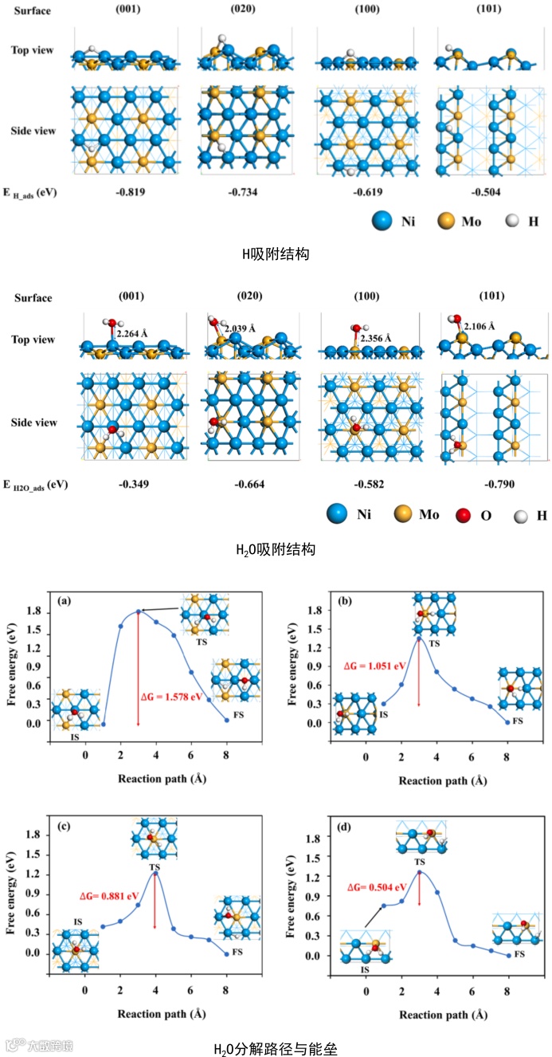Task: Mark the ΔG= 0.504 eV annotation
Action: (x=382, y=886)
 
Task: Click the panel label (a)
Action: (x=65, y=600)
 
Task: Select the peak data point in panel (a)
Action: (x=139, y=611)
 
